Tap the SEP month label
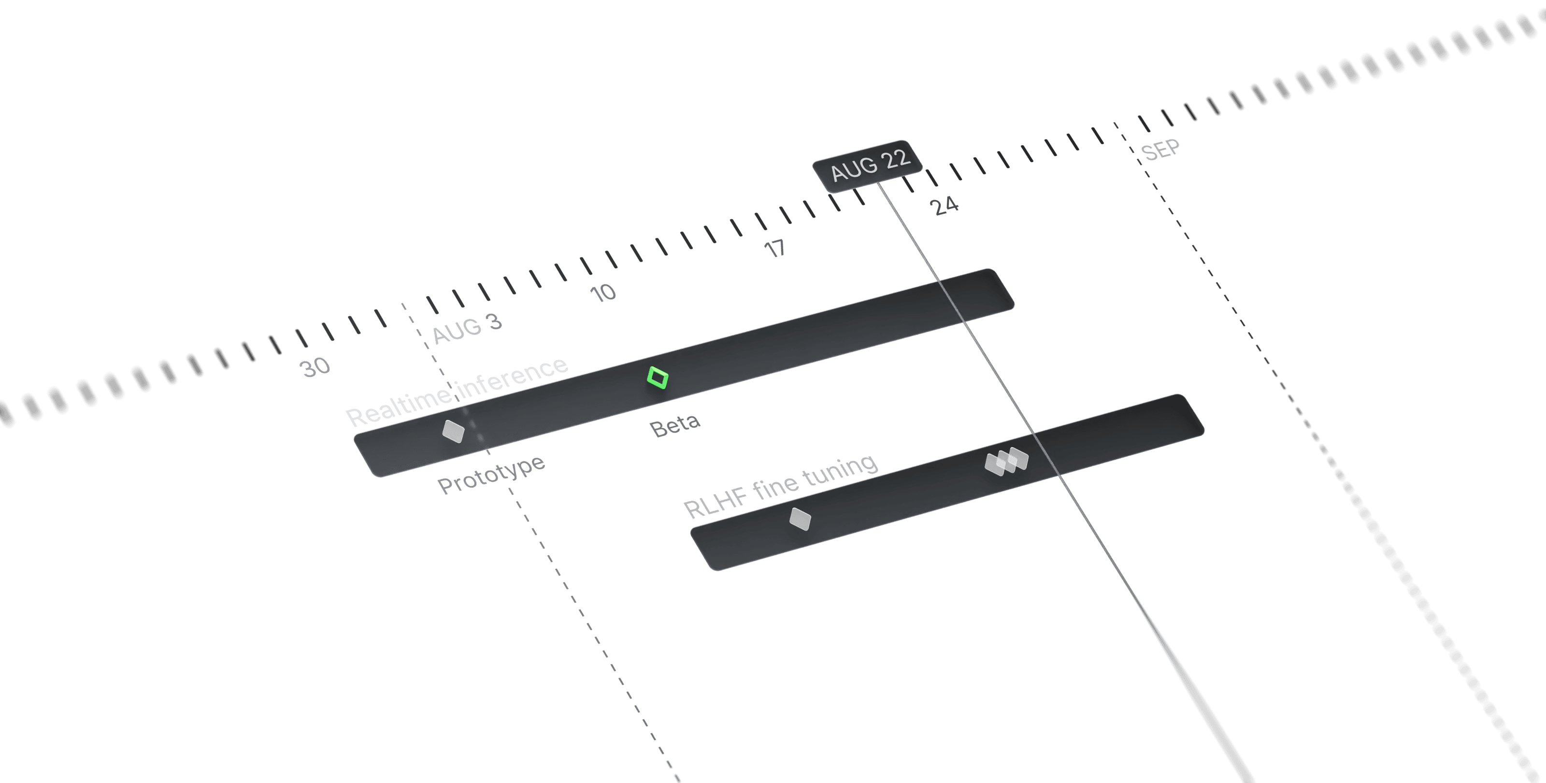point(1160,150)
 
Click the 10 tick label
point(602,293)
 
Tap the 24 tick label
point(944,205)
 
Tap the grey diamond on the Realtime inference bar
point(453,431)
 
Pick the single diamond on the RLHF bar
point(800,518)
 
